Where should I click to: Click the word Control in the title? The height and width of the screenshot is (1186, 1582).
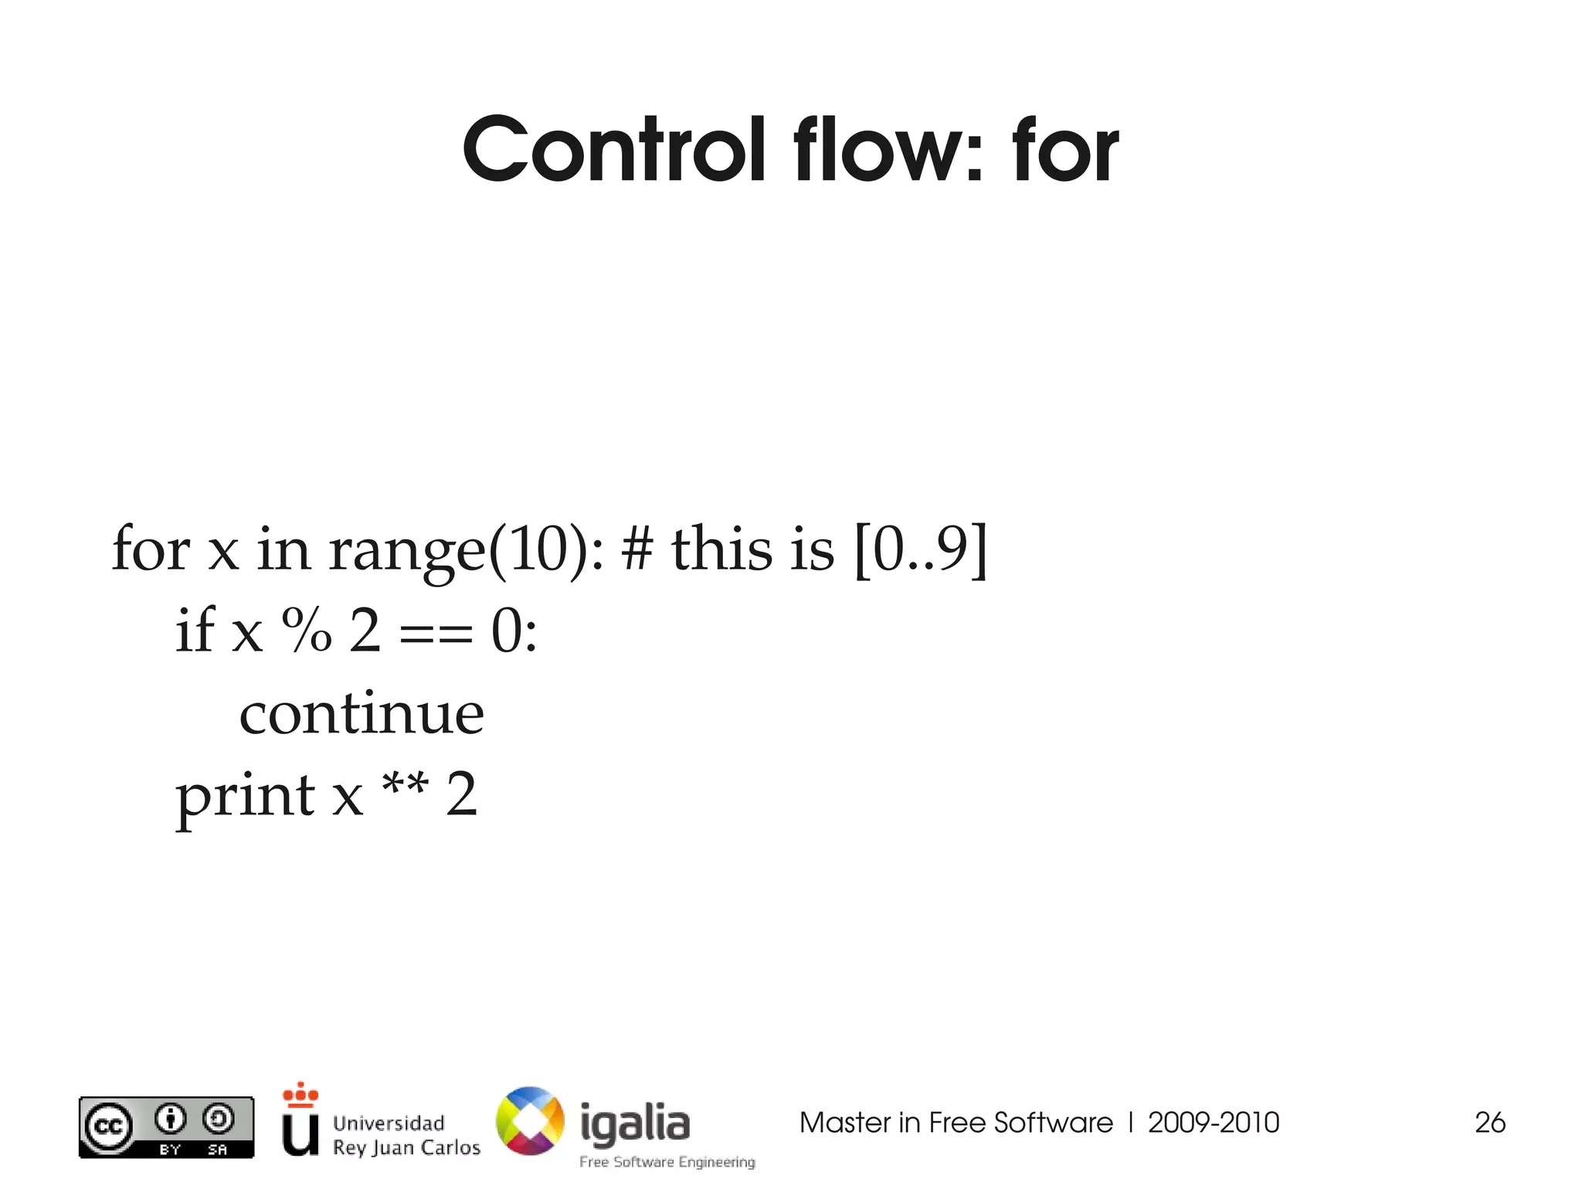[x=615, y=150]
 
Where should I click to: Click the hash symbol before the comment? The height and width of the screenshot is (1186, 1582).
[x=637, y=549]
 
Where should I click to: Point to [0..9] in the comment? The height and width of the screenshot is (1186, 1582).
[x=920, y=549]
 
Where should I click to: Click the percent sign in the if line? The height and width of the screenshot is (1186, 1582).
[x=307, y=630]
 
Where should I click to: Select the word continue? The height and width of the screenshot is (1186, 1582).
[x=362, y=714]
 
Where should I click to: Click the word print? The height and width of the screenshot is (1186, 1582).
[x=245, y=796]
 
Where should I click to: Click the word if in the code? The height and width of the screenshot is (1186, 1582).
[x=193, y=630]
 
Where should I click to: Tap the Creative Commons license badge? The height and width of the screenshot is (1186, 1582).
[x=166, y=1127]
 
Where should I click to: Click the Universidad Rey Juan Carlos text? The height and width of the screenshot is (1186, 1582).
[x=406, y=1135]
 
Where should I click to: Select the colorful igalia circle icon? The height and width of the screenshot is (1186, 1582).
[x=530, y=1121]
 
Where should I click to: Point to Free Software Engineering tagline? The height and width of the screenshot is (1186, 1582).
[x=667, y=1162]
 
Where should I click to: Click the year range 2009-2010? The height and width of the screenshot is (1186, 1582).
[x=1214, y=1123]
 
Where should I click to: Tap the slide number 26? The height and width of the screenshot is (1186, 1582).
[x=1489, y=1123]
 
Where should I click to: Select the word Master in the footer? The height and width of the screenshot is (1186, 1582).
[x=844, y=1123]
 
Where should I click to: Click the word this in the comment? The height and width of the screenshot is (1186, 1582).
[x=721, y=549]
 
